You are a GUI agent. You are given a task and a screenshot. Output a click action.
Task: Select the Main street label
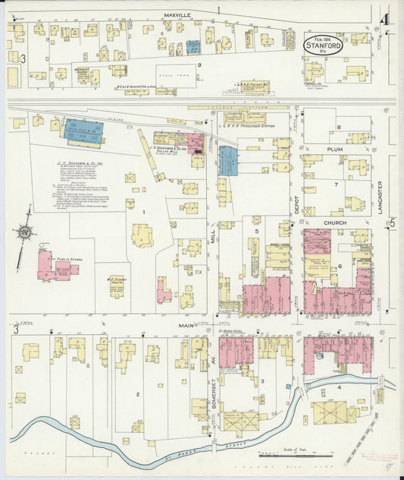coord(186,325)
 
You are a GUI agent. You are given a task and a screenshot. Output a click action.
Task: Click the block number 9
coord(199,65)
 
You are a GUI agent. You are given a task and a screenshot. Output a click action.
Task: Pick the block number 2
coord(137,394)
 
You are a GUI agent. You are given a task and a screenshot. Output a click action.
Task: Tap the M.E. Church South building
coord(117,286)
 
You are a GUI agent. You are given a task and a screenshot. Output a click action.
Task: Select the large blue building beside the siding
coord(84,131)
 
